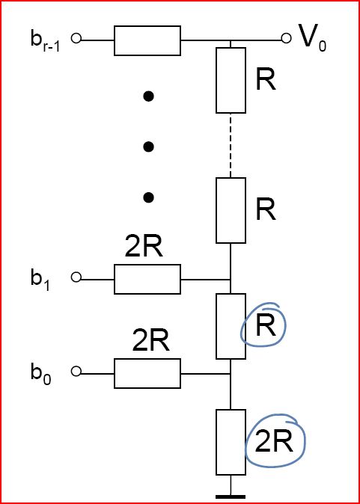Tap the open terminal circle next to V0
286,38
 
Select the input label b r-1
45,41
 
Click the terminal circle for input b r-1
76,38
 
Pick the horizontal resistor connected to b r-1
147,40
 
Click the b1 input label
40,279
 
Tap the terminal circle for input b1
76,277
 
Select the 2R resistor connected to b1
147,279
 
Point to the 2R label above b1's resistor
144,247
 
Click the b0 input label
41,373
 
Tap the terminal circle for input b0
76,371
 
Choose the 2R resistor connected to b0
147,373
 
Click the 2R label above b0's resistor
150,341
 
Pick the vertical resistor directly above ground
231,442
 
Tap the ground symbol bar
231,497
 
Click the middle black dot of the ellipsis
148,147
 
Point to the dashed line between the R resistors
231,145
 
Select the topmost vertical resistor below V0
231,80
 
